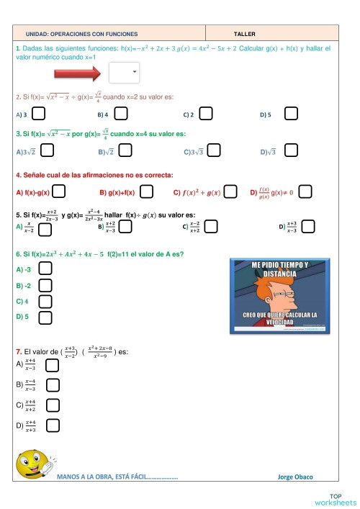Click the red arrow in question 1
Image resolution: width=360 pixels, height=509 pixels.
click(x=80, y=73)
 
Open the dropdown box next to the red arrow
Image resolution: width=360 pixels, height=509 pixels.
click(x=123, y=72)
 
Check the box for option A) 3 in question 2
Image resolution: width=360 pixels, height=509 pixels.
click(x=40, y=113)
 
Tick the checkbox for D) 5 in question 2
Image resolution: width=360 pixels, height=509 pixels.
click(x=291, y=113)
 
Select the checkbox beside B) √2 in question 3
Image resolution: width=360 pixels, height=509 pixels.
click(x=125, y=150)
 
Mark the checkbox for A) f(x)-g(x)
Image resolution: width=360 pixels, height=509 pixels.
click(x=59, y=192)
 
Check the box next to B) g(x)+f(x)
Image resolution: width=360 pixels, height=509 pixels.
click(x=146, y=192)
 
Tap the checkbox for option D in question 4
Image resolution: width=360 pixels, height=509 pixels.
click(x=305, y=192)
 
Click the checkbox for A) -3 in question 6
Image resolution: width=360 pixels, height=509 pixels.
click(x=45, y=268)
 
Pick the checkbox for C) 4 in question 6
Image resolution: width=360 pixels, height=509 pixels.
click(x=45, y=301)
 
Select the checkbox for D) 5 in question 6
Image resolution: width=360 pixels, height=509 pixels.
click(x=45, y=317)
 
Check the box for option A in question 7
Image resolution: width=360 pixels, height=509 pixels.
click(x=52, y=365)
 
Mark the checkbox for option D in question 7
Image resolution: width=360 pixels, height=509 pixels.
click(x=52, y=425)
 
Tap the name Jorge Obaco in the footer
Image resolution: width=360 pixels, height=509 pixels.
click(x=295, y=477)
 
